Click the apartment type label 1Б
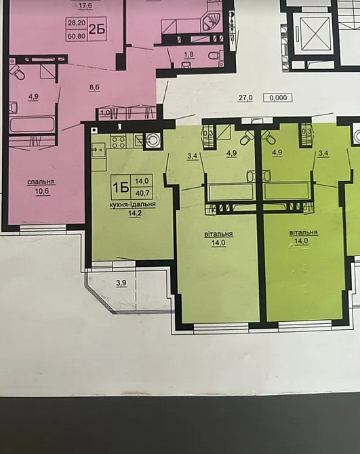tap(121, 187)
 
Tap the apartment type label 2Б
tap(97, 29)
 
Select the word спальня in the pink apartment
tap(41, 182)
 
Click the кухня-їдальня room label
tap(132, 204)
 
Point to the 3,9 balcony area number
tap(121, 283)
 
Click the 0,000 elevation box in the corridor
tap(278, 98)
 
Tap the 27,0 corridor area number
tap(245, 98)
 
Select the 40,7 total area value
tap(142, 192)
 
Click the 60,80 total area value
tap(77, 36)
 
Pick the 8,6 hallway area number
tap(94, 87)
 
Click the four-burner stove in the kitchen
tap(119, 142)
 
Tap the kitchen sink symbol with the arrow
tap(98, 150)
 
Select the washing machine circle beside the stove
tap(153, 140)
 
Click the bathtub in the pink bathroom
tap(32, 125)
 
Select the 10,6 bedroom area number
tap(42, 191)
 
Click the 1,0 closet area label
tap(105, 112)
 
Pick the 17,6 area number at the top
tap(85, 6)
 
